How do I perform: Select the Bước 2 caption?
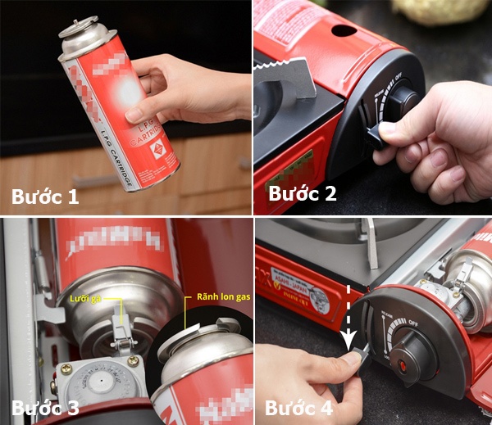point(303,195)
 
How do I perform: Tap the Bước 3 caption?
point(47,407)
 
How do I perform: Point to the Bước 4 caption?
point(300,407)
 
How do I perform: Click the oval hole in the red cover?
point(344,30)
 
